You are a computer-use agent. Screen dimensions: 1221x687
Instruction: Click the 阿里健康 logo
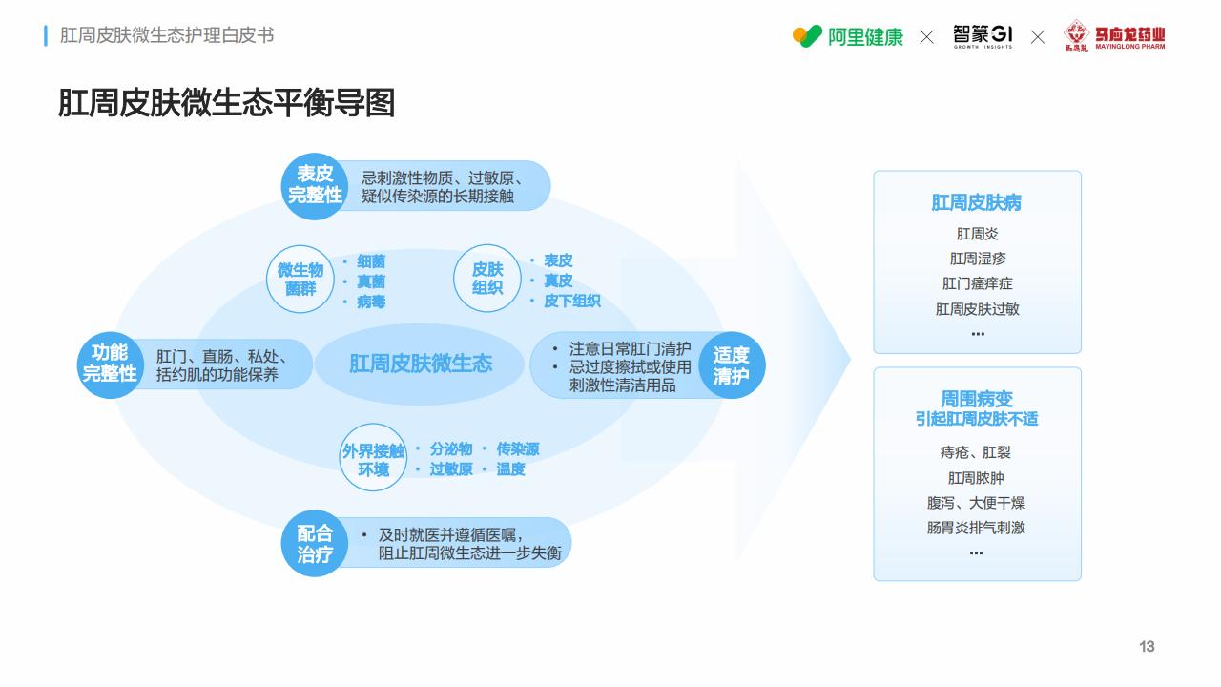tap(848, 36)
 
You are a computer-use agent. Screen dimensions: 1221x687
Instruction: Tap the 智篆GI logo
tap(983, 36)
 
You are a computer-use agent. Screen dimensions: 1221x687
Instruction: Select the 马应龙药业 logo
tap(1114, 35)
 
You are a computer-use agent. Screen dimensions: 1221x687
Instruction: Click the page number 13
tap(1147, 647)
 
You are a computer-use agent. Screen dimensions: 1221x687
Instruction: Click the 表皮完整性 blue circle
tap(315, 186)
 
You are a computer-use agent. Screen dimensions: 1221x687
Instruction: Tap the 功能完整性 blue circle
tap(110, 364)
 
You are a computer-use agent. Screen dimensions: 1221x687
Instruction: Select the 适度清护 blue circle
tap(732, 364)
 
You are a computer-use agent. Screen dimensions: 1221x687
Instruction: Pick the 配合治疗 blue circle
tap(315, 543)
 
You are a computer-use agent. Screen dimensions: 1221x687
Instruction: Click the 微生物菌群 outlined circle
tap(300, 280)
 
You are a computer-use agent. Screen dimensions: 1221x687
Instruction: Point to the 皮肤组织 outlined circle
tap(487, 278)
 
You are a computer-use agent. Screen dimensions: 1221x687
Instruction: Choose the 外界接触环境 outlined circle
tap(373, 457)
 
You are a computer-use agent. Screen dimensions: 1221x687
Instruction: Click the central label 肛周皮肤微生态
tap(421, 364)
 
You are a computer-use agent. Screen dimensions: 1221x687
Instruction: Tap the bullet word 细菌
tap(371, 261)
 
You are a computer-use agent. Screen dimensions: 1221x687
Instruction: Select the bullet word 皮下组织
tap(572, 301)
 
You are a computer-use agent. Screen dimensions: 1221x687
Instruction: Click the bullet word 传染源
tap(518, 449)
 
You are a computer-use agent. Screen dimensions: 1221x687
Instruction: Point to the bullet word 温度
tap(510, 468)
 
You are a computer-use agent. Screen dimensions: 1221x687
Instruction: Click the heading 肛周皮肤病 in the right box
tap(976, 203)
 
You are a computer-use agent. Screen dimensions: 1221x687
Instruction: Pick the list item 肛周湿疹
tap(978, 259)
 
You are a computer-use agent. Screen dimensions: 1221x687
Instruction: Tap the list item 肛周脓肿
tap(976, 478)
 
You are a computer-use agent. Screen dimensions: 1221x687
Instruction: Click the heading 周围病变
tap(976, 399)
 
